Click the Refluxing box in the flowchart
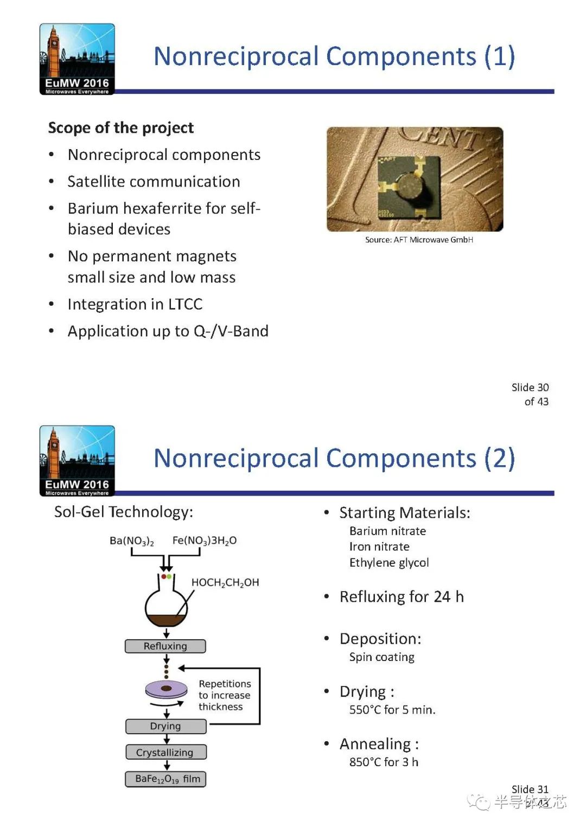[165, 646]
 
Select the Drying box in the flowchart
[165, 726]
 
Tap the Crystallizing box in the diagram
[165, 752]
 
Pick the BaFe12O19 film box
[166, 779]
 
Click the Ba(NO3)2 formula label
[131, 541]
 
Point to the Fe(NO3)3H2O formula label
[204, 541]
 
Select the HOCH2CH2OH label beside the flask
[225, 582]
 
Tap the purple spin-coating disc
[167, 689]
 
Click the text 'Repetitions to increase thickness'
[224, 695]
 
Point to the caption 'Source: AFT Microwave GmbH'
[419, 240]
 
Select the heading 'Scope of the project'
[120, 128]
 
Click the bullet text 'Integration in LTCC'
[135, 304]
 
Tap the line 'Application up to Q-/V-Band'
[168, 331]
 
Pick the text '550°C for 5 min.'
[392, 710]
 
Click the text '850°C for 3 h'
[384, 762]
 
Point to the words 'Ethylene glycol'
[389, 562]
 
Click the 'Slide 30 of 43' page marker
[530, 394]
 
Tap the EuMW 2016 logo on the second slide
[77, 461]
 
